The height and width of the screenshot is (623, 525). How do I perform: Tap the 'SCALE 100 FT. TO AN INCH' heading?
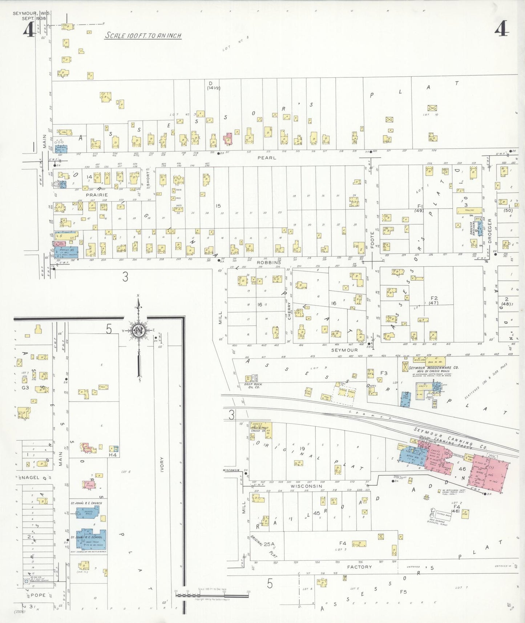tap(143, 36)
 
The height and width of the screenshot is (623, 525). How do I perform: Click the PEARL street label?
tap(267, 158)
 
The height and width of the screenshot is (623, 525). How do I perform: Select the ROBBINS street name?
tap(269, 262)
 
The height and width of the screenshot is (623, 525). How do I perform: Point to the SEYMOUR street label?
tap(344, 350)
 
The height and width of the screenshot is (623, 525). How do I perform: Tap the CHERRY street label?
tap(290, 311)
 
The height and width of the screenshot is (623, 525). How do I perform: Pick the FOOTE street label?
tap(372, 240)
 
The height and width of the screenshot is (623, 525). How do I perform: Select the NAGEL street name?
tap(31, 477)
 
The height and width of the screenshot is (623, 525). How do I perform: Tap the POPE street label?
tap(38, 595)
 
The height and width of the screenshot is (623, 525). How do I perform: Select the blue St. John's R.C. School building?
tap(91, 539)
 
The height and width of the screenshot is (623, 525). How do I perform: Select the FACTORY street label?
tap(359, 567)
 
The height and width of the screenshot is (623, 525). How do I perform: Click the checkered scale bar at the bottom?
tap(212, 595)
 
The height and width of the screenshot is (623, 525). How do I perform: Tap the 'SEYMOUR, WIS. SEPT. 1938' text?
tap(32, 16)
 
